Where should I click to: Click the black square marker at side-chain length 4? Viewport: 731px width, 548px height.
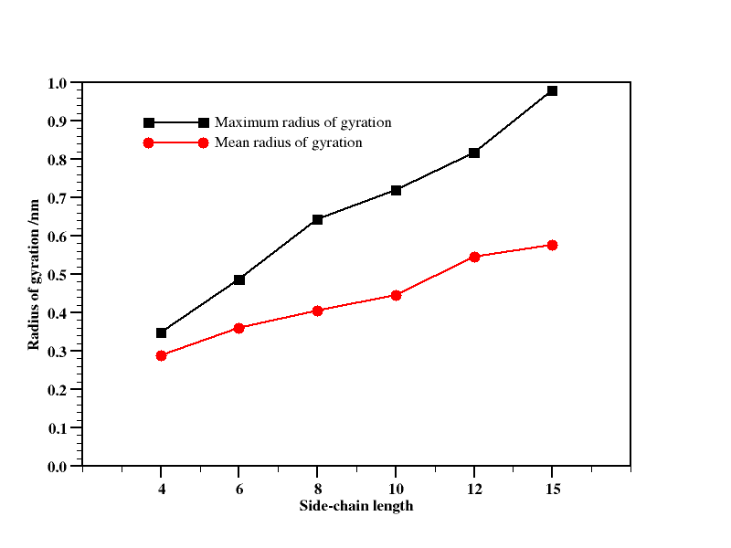click(162, 333)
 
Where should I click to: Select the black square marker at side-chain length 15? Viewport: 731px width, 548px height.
click(553, 91)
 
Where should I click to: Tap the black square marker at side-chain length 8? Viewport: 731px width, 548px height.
click(318, 219)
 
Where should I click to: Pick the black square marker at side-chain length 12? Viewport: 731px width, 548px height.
click(474, 153)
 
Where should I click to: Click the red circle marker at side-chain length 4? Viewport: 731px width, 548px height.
click(162, 355)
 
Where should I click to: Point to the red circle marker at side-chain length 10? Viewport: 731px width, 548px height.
click(397, 295)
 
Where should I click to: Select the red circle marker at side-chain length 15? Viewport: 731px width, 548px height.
click(553, 245)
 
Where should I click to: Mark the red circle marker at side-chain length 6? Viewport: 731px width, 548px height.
click(239, 328)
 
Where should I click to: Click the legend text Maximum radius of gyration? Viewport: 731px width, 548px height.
click(303, 122)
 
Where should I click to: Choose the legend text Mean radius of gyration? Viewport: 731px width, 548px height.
click(289, 142)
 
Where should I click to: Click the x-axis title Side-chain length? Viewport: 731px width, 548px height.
click(356, 506)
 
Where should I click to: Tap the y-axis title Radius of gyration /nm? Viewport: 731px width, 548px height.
click(35, 275)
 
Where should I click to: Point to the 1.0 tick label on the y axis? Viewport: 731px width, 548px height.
click(58, 83)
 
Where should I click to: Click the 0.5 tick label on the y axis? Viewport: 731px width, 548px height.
click(58, 275)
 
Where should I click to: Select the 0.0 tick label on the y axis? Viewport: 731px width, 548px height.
click(58, 467)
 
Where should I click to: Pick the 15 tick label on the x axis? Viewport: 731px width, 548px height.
click(553, 488)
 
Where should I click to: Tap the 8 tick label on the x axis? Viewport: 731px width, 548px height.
click(318, 488)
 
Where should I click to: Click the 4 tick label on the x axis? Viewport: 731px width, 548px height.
click(162, 488)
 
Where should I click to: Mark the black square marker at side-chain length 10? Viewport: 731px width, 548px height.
click(397, 190)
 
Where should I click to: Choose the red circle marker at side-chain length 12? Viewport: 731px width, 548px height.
click(474, 257)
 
